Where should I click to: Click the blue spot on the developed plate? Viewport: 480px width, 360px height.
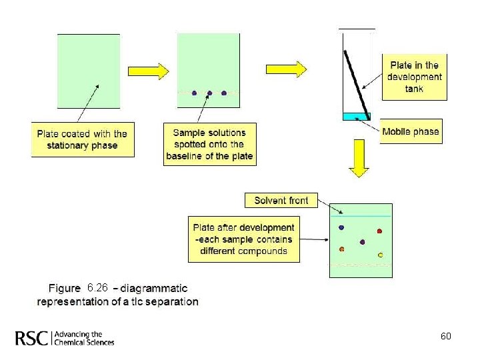[x=341, y=227]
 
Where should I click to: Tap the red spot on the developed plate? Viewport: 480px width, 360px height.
[x=379, y=231]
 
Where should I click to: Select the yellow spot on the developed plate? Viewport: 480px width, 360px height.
[x=380, y=255]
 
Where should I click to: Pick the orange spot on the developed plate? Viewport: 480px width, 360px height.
[x=342, y=249]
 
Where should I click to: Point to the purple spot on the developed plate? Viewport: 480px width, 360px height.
[x=362, y=242]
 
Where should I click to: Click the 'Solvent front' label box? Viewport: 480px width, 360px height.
[x=281, y=200]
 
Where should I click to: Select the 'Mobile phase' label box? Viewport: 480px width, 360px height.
[x=411, y=131]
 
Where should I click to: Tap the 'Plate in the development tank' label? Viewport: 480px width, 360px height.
[x=414, y=77]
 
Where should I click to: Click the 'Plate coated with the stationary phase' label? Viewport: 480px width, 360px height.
[x=82, y=139]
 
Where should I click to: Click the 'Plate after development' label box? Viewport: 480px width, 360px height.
[x=243, y=239]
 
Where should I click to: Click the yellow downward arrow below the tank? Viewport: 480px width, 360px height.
[x=359, y=163]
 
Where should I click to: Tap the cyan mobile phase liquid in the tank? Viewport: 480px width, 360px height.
[x=353, y=117]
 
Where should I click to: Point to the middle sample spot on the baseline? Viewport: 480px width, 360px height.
[x=209, y=93]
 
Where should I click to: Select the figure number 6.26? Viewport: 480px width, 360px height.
[x=97, y=288]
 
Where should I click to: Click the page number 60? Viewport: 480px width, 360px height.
[x=446, y=336]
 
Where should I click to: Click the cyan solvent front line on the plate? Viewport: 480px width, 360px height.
[x=361, y=216]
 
